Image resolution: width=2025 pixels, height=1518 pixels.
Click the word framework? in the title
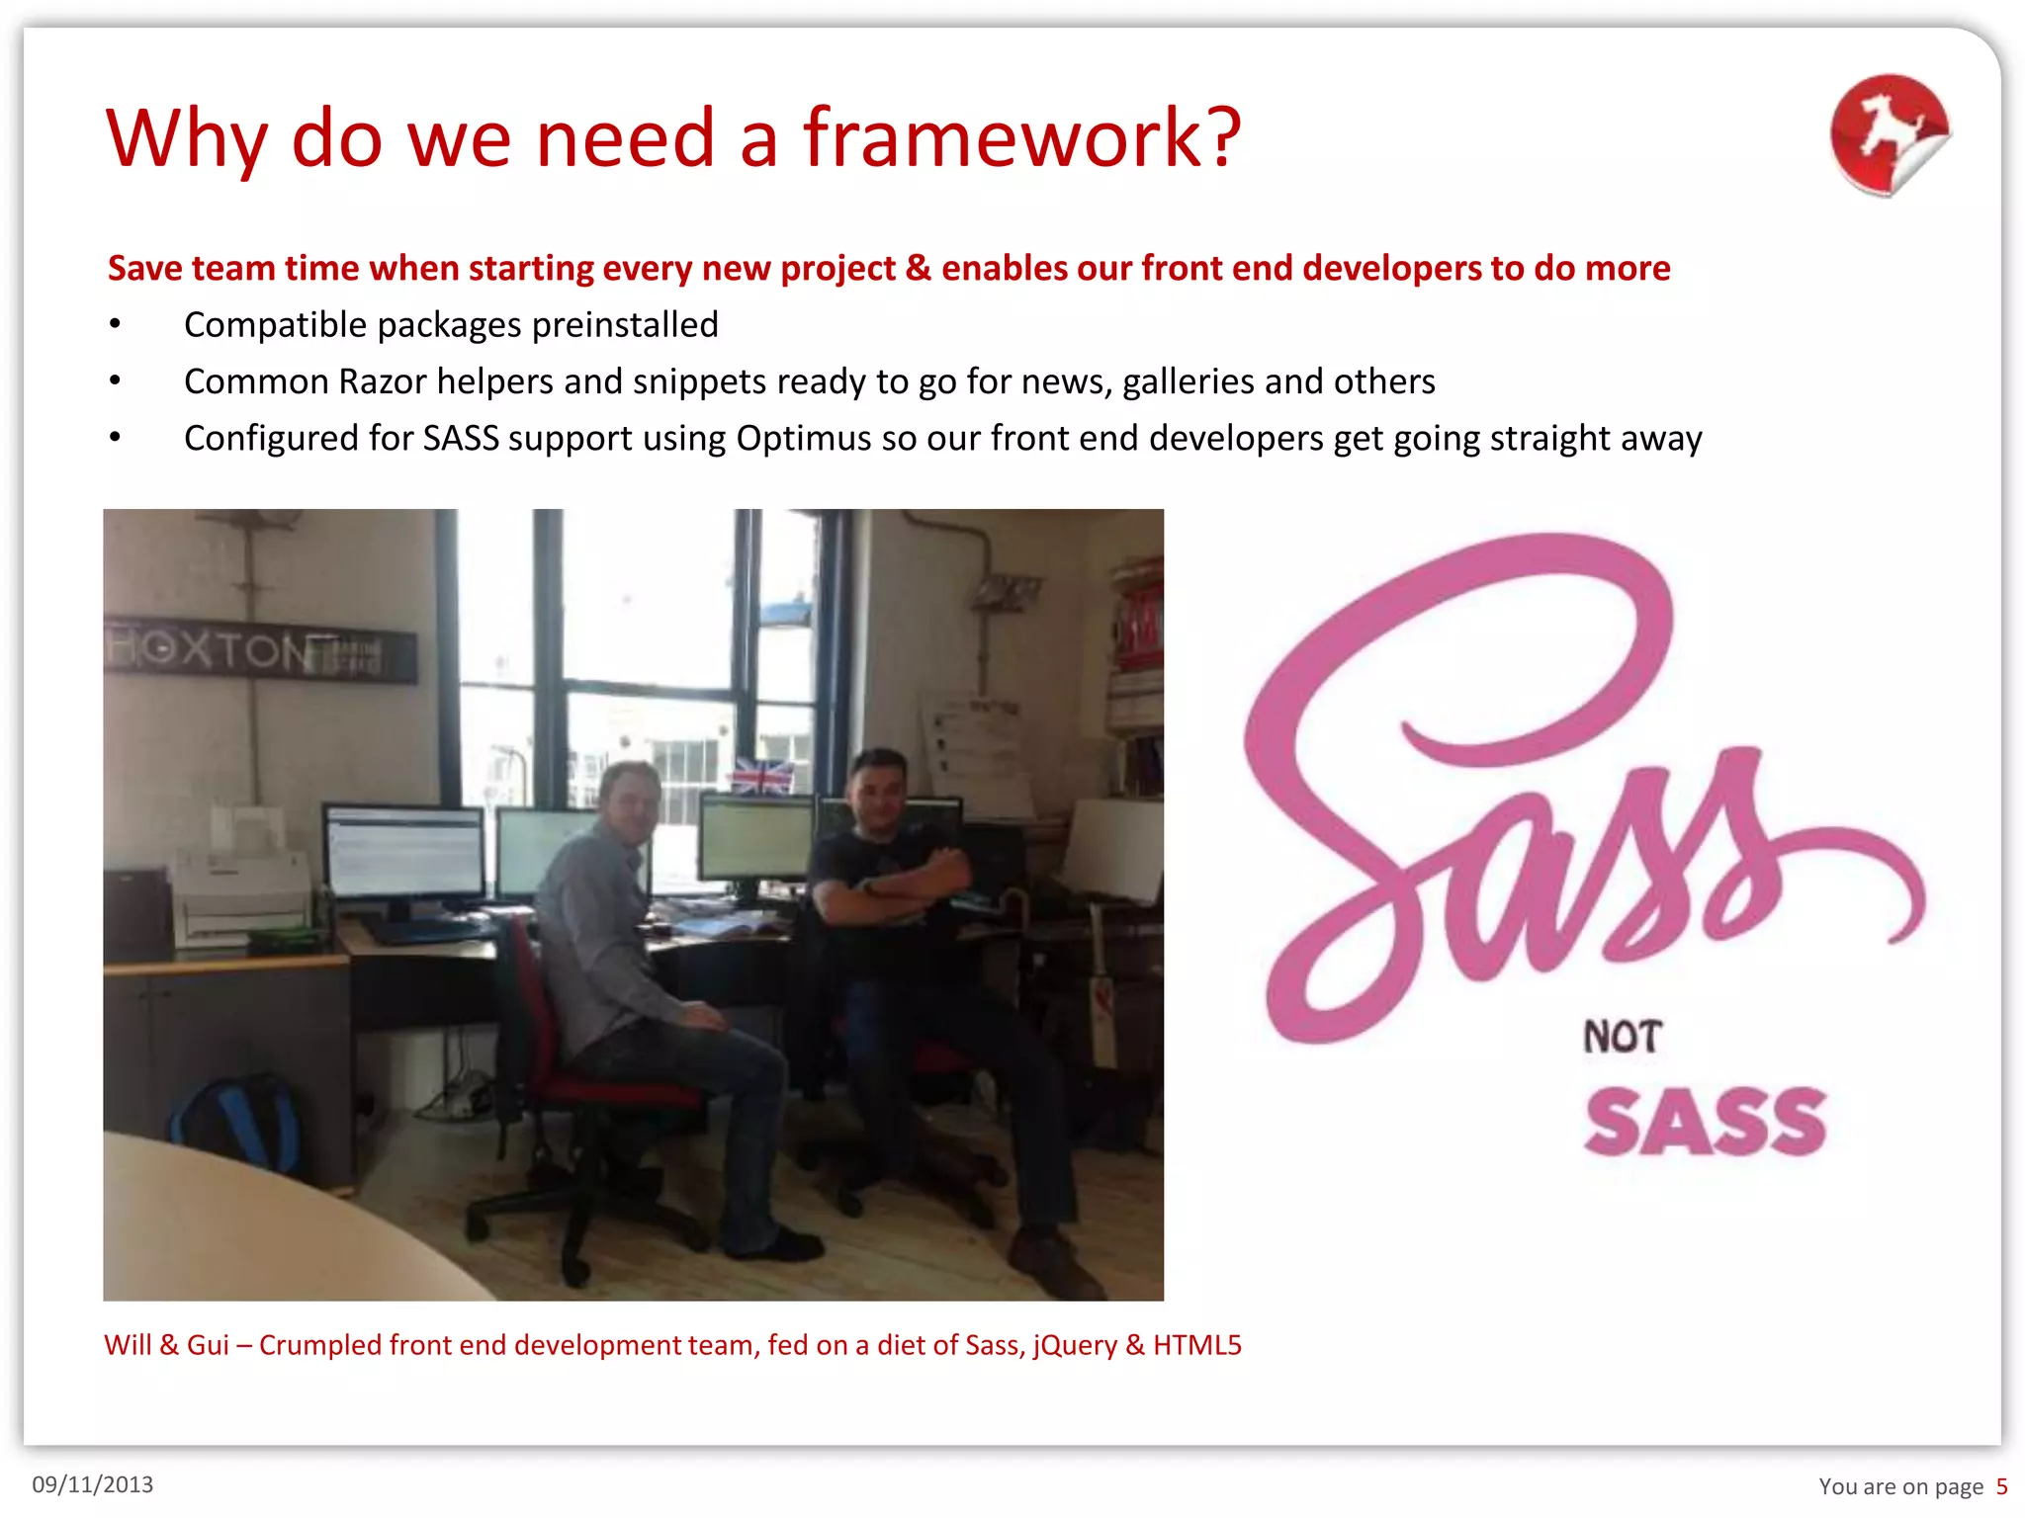point(1020,138)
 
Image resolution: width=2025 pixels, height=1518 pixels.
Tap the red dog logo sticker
point(1889,133)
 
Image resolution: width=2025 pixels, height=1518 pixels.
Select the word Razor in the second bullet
point(382,381)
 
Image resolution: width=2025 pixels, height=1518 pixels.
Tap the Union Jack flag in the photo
point(761,776)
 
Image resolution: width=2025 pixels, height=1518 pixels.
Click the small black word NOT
point(1622,1037)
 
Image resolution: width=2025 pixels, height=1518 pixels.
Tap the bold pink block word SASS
point(1706,1123)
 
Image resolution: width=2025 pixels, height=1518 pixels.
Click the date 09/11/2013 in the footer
point(93,1484)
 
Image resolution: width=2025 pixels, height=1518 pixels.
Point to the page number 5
point(2001,1486)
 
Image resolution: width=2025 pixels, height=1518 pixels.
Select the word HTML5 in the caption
point(1196,1345)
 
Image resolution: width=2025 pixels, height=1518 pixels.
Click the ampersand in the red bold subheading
point(919,268)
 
